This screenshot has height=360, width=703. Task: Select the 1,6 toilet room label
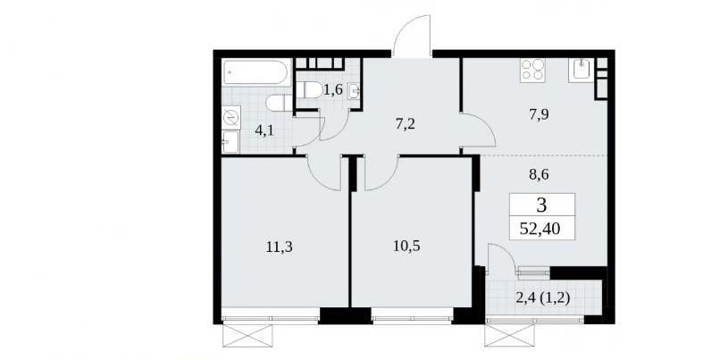(332, 90)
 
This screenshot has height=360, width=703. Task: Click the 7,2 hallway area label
(405, 124)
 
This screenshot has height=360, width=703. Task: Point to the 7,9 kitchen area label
(539, 114)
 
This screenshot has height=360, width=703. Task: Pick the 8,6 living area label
(538, 174)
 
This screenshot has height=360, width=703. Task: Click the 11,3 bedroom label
(280, 247)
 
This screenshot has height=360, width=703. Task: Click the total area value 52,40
(540, 230)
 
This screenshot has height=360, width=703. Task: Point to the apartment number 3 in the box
(542, 205)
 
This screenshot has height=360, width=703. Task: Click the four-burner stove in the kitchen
(532, 71)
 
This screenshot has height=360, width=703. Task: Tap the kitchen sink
(582, 71)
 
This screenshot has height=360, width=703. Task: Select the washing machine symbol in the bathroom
(231, 118)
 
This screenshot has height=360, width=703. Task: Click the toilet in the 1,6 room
(308, 90)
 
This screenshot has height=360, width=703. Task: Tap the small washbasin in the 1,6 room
(356, 91)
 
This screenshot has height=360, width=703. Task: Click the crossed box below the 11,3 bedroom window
(247, 335)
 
